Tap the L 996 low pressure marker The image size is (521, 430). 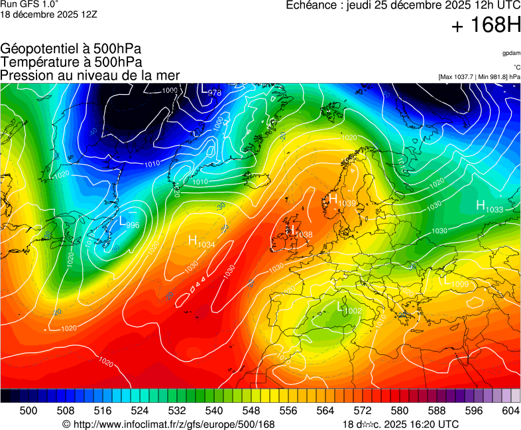[129, 223]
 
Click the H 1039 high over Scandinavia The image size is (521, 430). [341, 200]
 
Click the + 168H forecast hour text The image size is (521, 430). [485, 26]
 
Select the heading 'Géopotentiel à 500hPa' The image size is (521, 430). [71, 49]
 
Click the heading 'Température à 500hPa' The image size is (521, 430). [71, 62]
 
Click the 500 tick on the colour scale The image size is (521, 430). [29, 411]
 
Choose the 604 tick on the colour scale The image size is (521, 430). [510, 411]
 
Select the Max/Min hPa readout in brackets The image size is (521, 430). [479, 77]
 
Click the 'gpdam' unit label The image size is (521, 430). [510, 53]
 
